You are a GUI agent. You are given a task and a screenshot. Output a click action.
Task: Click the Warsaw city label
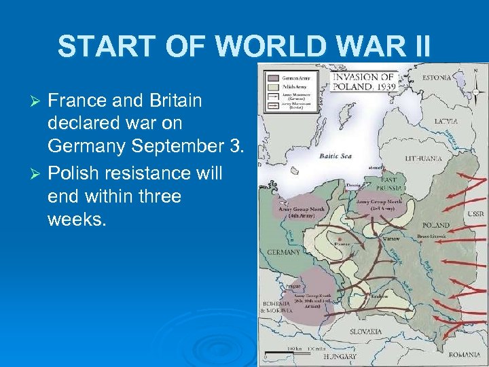point(389,239)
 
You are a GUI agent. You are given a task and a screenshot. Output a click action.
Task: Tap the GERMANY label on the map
point(283,252)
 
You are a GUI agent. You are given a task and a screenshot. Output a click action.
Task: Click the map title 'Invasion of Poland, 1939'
point(363,82)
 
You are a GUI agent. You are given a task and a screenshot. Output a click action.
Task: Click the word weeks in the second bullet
point(77,220)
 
